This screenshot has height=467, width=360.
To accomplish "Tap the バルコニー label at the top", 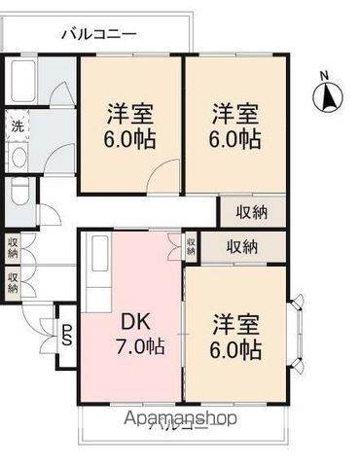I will tap(97, 34).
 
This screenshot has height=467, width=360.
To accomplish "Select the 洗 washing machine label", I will tap(17, 126).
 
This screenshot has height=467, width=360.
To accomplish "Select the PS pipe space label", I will tap(67, 337).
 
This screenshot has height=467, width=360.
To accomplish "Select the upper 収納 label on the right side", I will tap(249, 211).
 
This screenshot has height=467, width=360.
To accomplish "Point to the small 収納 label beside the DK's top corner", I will tap(191, 246).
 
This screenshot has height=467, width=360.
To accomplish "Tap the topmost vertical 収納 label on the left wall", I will tap(13, 246).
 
